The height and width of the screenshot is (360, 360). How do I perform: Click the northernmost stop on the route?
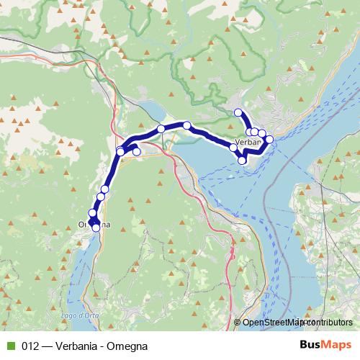[238, 112]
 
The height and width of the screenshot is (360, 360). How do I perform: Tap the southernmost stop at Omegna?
[96, 228]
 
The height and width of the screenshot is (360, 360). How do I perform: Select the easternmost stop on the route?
[270, 139]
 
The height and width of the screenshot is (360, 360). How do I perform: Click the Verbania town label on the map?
[248, 143]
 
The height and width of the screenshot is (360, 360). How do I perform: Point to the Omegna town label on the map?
[94, 225]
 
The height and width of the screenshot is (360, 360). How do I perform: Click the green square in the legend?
[10, 345]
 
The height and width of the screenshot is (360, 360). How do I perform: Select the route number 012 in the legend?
[30, 345]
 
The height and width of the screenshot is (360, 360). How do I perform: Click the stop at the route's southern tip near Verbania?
[243, 160]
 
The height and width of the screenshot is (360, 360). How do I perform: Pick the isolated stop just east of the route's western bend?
[137, 152]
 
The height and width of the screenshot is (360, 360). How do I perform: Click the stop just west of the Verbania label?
[233, 148]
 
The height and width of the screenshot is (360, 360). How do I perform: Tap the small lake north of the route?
[153, 110]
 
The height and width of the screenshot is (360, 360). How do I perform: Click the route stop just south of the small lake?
[161, 129]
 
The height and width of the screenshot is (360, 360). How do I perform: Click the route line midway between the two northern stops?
[174, 127]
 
